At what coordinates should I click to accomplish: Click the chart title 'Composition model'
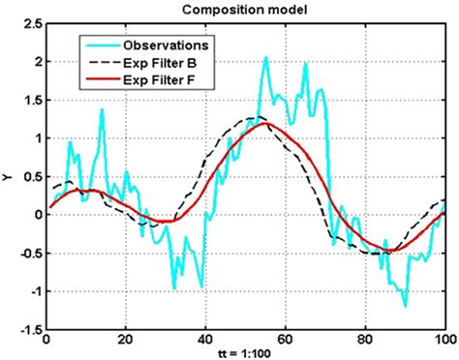pos(246,10)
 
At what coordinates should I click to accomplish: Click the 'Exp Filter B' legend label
pos(160,60)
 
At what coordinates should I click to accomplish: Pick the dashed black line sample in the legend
pos(100,60)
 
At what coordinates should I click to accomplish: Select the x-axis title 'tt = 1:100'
pos(245,352)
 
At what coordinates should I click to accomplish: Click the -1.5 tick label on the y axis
pos(30,328)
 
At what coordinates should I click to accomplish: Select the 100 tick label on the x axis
pos(444,340)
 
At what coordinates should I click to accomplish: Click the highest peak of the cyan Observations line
pos(266,57)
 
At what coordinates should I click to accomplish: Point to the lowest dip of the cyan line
pos(405,306)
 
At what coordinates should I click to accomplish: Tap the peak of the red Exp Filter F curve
pos(268,123)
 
